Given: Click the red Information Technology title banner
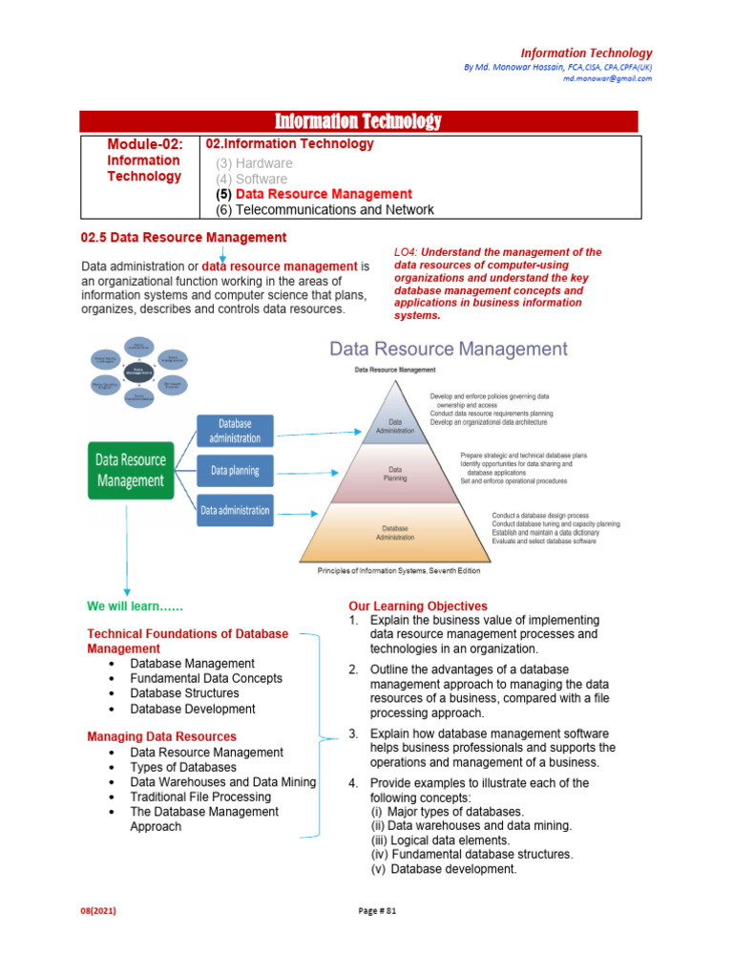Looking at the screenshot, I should point(358,121).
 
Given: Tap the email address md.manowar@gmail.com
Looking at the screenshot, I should point(607,79).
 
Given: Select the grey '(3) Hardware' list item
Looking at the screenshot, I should point(254,163).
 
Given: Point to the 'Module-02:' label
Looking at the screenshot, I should point(143,144).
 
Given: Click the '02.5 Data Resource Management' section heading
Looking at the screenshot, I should point(184,237).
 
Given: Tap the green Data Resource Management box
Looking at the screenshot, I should point(130,470).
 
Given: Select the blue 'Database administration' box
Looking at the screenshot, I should point(235,431).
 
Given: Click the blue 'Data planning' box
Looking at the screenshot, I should point(235,471).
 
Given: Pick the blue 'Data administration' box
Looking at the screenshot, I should point(235,510).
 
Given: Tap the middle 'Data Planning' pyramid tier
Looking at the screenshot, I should point(395,474).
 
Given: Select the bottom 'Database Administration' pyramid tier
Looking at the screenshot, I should point(395,533).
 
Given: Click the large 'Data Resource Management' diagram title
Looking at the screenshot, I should point(449,349).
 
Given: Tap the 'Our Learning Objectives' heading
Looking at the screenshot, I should point(418,606).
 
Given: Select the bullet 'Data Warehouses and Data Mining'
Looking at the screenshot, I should point(222,781).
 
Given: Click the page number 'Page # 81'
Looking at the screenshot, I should point(377,910).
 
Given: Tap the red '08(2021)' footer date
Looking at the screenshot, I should point(97,910).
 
